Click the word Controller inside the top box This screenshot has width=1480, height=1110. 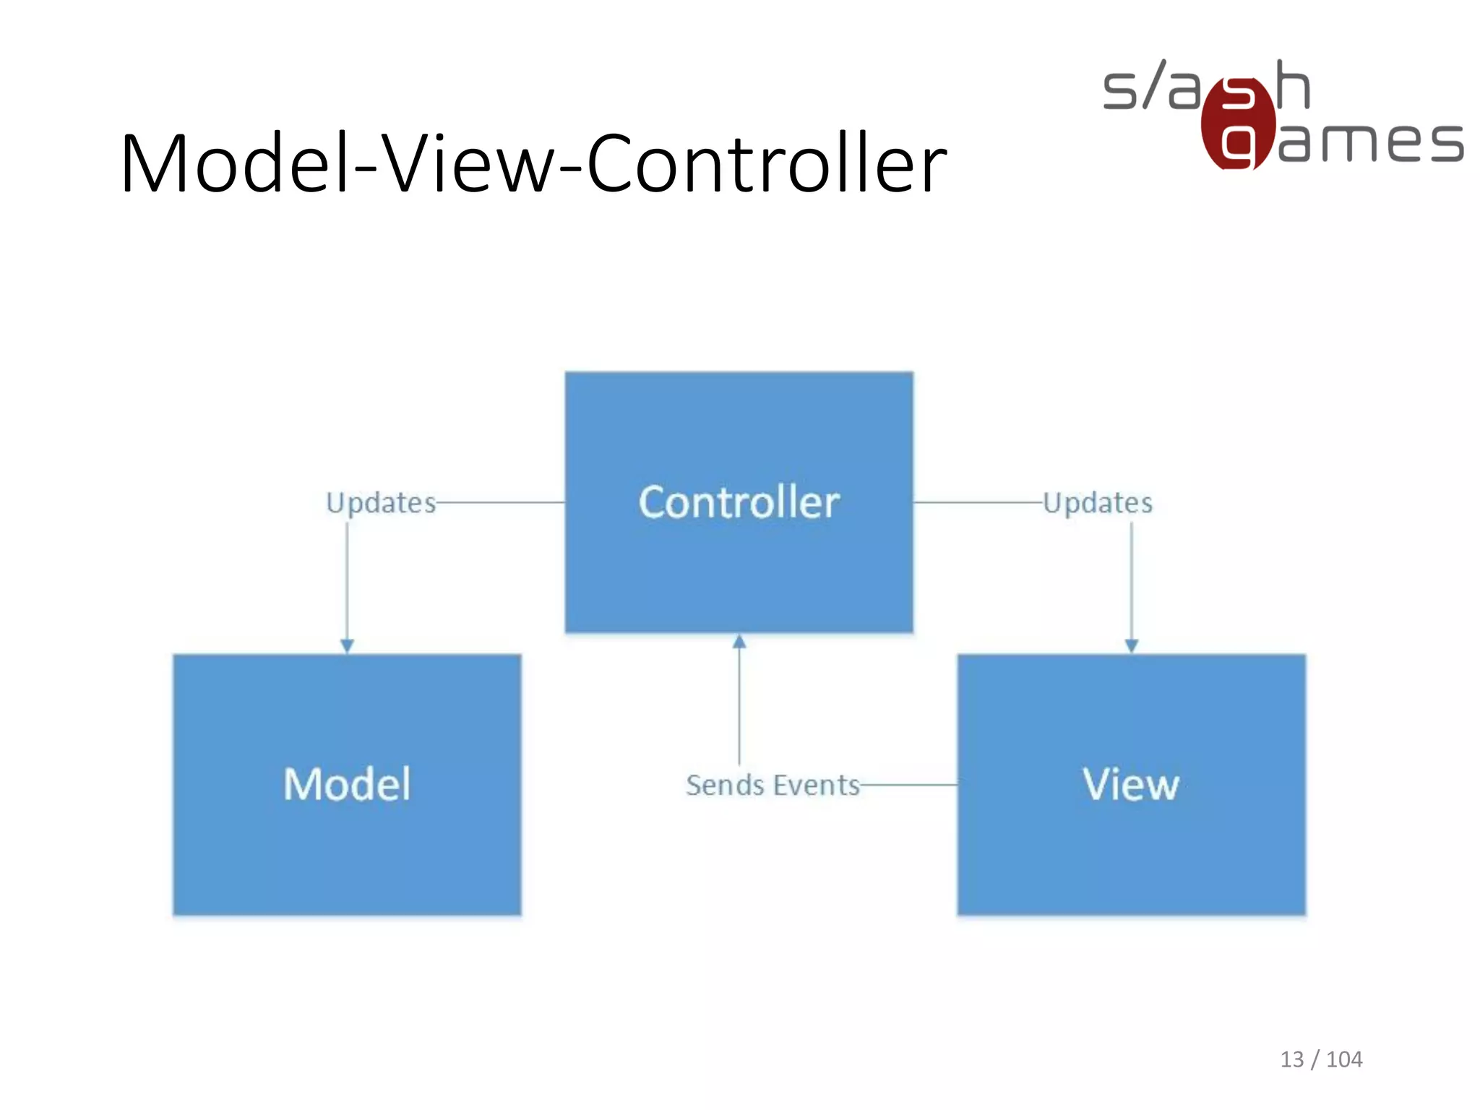tap(739, 502)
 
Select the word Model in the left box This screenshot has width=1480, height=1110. tap(347, 784)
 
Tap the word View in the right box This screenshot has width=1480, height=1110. tap(1131, 784)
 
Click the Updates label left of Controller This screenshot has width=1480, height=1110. tap(381, 503)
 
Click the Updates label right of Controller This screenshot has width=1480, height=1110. tap(1098, 503)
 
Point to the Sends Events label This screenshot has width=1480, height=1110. tap(773, 786)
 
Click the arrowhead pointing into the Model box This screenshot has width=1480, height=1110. tap(347, 645)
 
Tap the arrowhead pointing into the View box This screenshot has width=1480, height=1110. tap(1132, 645)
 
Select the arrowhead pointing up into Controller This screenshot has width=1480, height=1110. tap(739, 642)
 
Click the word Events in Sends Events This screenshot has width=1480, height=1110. tap(817, 786)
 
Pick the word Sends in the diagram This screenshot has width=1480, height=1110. tap(725, 786)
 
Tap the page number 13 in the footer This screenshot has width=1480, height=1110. tap(1292, 1059)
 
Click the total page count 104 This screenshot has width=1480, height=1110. tap(1344, 1059)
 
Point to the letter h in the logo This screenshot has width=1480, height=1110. tap(1292, 85)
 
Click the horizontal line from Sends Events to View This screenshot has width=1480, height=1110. tap(909, 785)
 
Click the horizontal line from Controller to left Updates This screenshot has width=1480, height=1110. tap(500, 502)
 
